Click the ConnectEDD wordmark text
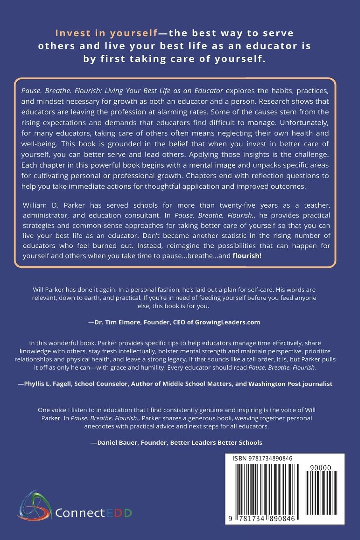point(93,513)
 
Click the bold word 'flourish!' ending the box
point(247,256)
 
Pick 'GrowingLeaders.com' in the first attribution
point(227,322)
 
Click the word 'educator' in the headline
point(270,46)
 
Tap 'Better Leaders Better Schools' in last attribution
point(216,442)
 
